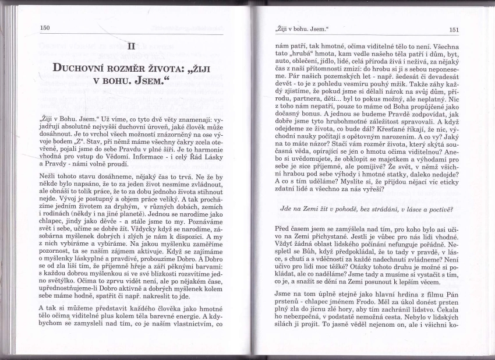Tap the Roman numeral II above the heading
[x=132, y=45]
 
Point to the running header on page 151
[x=302, y=29]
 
